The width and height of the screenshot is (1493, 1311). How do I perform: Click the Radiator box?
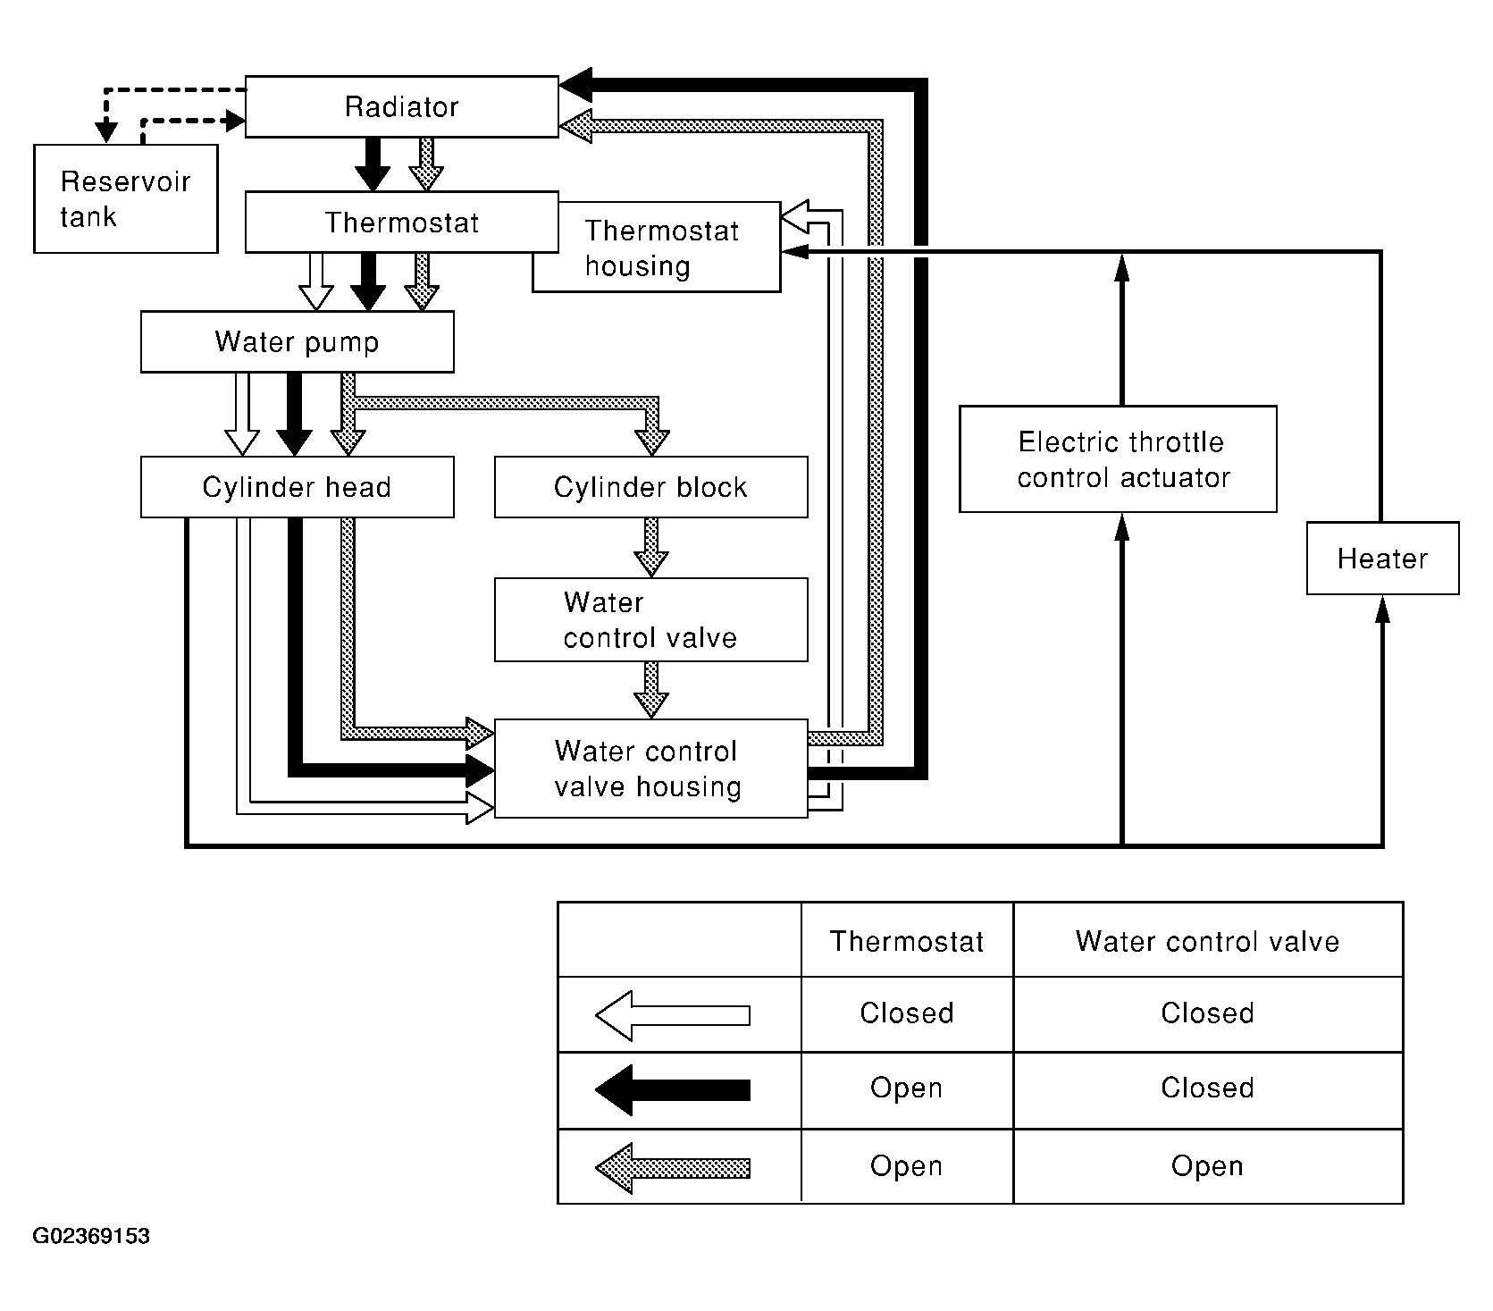click(x=402, y=106)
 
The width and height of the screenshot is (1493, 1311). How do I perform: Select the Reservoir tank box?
click(x=126, y=198)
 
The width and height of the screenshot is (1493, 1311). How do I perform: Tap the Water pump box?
click(x=298, y=341)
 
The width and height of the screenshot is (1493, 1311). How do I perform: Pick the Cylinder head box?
click(x=298, y=487)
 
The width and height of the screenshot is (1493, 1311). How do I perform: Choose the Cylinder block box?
click(x=651, y=487)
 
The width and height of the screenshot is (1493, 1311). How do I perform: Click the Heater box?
click(x=1383, y=559)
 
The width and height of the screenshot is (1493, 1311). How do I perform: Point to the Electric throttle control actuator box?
click(x=1118, y=459)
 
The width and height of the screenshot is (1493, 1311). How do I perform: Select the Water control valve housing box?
click(x=651, y=769)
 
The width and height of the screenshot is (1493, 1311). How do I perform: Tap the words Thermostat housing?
click(x=662, y=248)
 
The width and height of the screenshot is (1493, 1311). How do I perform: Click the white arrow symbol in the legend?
click(x=673, y=1015)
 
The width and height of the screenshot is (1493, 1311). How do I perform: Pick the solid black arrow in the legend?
click(x=673, y=1089)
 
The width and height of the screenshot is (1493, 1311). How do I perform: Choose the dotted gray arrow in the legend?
click(x=673, y=1167)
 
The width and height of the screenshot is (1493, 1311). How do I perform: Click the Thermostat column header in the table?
click(x=907, y=941)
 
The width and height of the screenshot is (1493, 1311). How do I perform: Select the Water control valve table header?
click(x=1208, y=941)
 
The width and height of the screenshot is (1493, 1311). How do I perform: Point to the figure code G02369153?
click(x=91, y=1237)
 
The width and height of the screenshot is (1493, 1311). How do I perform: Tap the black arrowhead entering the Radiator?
click(x=576, y=85)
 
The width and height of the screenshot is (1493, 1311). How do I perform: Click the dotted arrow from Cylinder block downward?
click(x=651, y=547)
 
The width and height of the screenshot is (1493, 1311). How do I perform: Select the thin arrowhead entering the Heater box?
click(x=1383, y=609)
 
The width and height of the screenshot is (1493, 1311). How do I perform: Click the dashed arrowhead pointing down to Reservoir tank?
click(x=107, y=132)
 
